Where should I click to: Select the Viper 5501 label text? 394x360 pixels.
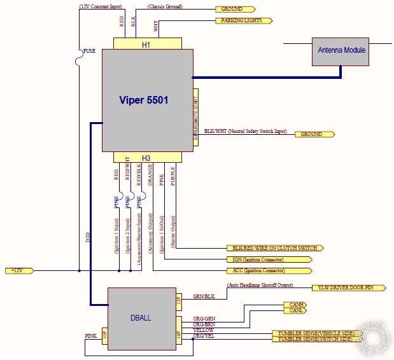point(144,100)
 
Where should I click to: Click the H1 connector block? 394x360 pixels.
point(146,44)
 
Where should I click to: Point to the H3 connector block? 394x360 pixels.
point(146,157)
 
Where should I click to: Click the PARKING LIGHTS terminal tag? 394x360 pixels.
point(244,20)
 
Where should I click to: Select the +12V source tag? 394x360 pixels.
point(17,270)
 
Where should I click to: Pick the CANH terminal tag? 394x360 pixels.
point(293,305)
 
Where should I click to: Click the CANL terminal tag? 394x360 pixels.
point(293,311)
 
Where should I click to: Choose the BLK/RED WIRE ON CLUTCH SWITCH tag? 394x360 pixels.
point(274,248)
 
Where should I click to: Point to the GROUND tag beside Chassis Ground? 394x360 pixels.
point(235,10)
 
